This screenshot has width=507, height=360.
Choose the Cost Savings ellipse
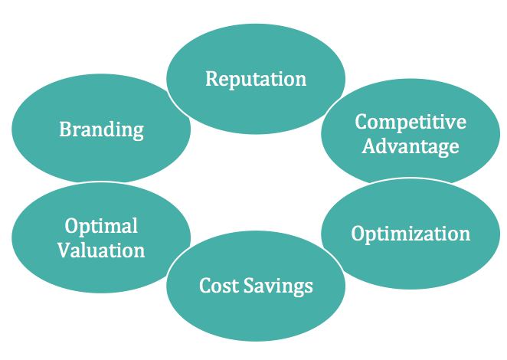tap(256, 306)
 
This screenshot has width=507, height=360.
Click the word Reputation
tap(256, 79)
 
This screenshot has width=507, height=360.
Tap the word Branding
tap(101, 129)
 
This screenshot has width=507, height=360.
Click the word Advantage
tap(411, 145)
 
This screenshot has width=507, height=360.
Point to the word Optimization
tap(411, 234)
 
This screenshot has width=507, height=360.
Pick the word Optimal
tap(101, 227)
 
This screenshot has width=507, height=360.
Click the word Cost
tap(218, 286)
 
